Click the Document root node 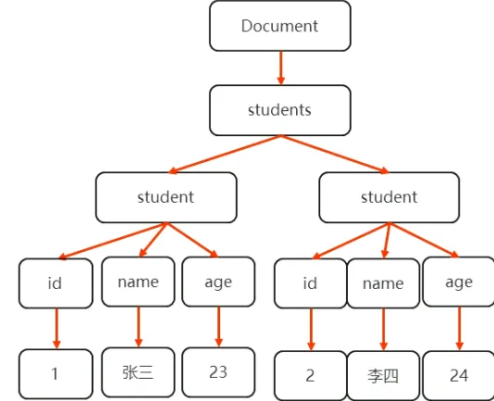click(279, 26)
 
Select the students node click(279, 110)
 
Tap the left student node click(166, 197)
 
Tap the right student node click(389, 197)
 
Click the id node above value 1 click(56, 283)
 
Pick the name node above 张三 click(138, 282)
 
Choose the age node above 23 click(218, 282)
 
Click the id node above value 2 click(310, 283)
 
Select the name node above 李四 click(383, 283)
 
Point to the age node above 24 click(458, 282)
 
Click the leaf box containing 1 click(56, 373)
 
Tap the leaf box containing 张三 click(138, 372)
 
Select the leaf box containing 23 click(218, 372)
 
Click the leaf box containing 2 click(310, 376)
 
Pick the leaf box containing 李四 click(383, 376)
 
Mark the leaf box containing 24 click(458, 376)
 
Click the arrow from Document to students click(279, 68)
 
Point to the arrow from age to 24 click(458, 329)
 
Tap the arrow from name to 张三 click(138, 327)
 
